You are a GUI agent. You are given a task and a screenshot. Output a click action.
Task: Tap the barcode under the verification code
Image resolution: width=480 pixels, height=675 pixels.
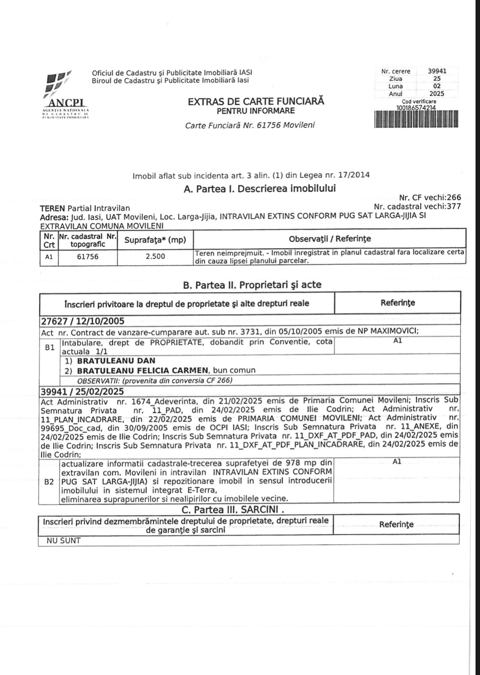(416, 119)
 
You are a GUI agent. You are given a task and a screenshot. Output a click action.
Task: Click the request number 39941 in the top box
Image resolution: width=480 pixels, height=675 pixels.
(437, 71)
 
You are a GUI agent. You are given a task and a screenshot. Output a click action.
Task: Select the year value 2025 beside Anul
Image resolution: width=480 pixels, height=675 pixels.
(437, 94)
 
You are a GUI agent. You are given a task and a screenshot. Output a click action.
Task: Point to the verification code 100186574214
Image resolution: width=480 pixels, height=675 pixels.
(416, 107)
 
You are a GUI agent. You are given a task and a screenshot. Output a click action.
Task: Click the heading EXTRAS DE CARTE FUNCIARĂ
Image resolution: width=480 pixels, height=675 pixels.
(256, 101)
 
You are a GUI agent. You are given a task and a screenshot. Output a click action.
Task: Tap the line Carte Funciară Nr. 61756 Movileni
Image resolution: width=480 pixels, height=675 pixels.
(250, 125)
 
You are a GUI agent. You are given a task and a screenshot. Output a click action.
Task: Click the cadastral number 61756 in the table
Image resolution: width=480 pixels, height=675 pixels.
(88, 257)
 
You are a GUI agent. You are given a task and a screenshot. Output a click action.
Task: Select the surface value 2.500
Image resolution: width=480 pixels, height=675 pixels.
(155, 257)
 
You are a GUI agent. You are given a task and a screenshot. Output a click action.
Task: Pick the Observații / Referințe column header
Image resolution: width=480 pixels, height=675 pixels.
(330, 239)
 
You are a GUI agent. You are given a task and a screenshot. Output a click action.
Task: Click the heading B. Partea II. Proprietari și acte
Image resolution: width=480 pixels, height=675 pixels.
(252, 285)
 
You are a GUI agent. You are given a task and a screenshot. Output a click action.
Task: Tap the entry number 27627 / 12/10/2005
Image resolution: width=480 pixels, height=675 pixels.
(82, 321)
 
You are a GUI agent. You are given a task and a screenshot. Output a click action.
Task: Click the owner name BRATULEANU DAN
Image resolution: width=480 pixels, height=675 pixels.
(116, 361)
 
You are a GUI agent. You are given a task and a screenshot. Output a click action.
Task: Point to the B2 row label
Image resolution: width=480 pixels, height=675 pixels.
(49, 481)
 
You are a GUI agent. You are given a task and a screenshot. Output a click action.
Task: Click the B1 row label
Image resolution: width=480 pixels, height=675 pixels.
(49, 347)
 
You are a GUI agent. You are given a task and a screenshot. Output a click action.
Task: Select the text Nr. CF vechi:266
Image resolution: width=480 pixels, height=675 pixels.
(430, 198)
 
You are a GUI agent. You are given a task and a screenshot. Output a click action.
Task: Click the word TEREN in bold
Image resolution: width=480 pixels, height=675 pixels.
(52, 208)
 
